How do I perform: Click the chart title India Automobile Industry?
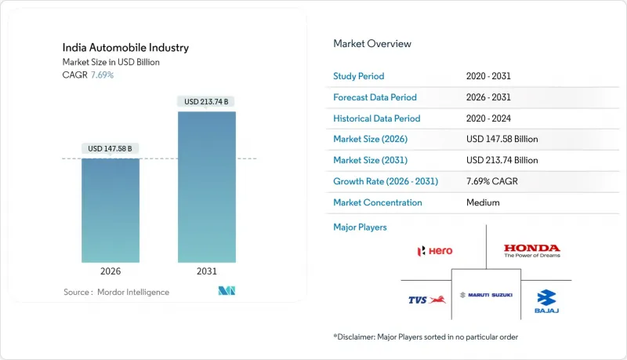pos(125,48)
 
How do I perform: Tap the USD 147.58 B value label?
pos(111,147)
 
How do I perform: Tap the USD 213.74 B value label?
pos(207,101)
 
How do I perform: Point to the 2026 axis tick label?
pos(111,271)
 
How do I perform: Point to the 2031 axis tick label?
pos(207,271)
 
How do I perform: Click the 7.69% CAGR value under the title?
pos(102,75)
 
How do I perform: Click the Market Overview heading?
pos(372,43)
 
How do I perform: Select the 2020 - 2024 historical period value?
pos(492,118)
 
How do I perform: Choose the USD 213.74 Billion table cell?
pos(502,160)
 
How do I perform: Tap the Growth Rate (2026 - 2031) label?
pos(386,181)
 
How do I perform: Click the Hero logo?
pos(435,251)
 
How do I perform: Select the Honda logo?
pos(531,251)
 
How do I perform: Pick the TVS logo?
pos(429,299)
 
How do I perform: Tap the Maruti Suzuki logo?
pos(485,295)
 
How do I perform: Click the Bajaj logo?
pos(546,300)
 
